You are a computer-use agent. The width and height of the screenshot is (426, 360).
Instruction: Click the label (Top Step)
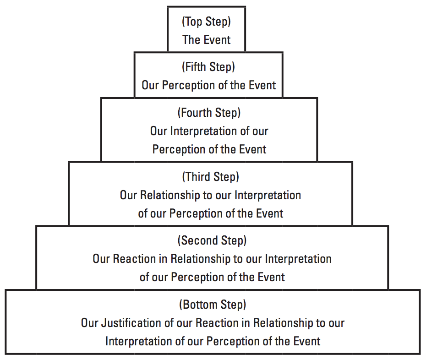(x=206, y=22)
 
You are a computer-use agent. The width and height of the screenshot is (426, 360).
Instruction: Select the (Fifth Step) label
(x=208, y=67)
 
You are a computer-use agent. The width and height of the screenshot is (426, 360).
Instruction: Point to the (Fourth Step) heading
(x=209, y=113)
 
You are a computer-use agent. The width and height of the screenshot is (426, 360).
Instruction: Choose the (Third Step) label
(x=211, y=177)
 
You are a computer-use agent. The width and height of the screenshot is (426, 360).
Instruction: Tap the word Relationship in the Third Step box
(x=170, y=196)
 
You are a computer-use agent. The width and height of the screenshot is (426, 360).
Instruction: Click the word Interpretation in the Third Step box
(x=268, y=196)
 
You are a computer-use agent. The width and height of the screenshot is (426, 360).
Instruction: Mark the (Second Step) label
(x=212, y=241)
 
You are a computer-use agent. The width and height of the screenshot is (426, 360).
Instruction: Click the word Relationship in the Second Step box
(x=200, y=259)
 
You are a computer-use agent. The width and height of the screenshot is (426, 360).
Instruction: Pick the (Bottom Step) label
(x=213, y=305)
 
